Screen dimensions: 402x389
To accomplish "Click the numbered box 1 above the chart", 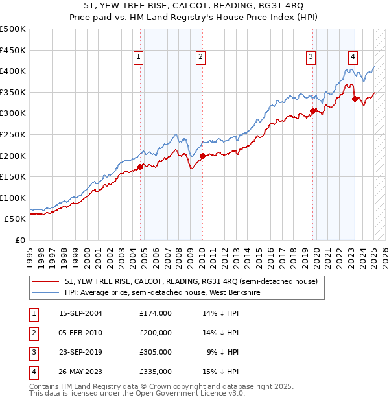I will point(139,57).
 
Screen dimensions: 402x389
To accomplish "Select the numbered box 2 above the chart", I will point(201,57).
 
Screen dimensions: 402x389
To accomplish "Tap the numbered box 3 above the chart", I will point(311,57).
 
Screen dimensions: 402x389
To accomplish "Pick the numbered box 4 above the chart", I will point(353,57).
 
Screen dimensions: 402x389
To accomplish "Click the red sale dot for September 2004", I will point(140,167).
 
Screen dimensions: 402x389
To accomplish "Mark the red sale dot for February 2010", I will point(202,156).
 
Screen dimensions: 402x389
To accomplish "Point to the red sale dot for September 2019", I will point(312,111).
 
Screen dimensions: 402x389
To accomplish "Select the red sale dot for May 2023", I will point(355,99).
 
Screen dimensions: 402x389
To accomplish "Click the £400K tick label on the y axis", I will point(13,71).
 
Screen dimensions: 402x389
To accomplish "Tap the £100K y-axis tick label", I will point(13,198).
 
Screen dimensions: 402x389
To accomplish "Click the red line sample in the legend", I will point(45,281).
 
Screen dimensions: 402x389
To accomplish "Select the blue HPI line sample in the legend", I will point(45,292).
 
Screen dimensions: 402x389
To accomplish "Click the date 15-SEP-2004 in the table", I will point(80,313).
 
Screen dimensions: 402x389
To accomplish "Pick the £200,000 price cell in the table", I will point(155,333).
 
